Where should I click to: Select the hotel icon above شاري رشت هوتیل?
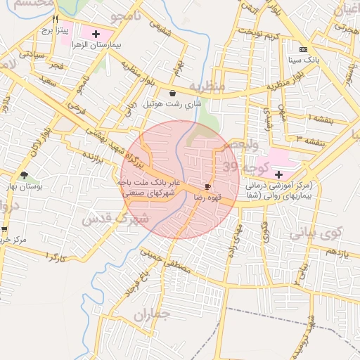click(x=172, y=93)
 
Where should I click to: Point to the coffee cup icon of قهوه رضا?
click(x=207, y=186)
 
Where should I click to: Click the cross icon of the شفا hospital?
click(x=278, y=174)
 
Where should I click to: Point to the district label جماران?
click(x=153, y=314)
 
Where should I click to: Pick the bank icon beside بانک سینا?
click(x=304, y=49)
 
